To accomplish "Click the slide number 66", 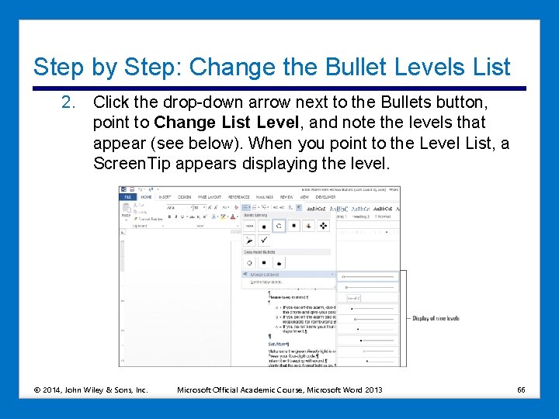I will click(522, 389).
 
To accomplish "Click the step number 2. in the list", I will click(69, 102).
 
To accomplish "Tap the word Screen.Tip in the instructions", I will click(132, 163).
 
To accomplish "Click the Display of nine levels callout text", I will click(435, 318).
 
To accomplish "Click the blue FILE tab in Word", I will click(127, 197).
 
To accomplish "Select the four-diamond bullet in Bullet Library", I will click(323, 226).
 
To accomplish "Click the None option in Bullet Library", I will click(250, 226).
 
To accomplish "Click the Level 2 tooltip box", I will click(353, 298).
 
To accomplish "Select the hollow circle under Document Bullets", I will click(250, 262).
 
